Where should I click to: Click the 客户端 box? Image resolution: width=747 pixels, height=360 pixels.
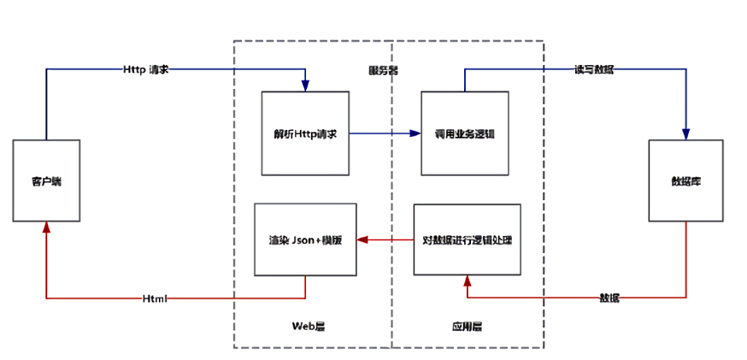point(46,180)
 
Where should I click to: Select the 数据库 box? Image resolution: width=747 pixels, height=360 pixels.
point(685,180)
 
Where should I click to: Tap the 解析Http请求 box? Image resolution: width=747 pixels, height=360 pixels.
point(305,133)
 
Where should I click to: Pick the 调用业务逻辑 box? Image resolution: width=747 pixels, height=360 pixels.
point(465,133)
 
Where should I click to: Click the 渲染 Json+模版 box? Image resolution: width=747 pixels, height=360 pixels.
point(305,239)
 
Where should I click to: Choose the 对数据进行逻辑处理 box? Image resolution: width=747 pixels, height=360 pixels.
point(467,239)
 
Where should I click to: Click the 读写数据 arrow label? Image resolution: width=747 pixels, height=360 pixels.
point(593,69)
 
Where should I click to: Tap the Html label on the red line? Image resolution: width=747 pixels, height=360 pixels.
point(155,298)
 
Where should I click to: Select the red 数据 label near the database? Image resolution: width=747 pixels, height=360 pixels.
point(609,298)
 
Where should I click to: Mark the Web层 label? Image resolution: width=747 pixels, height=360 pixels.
point(305,326)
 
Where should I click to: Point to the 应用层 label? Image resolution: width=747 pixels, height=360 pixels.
point(467,326)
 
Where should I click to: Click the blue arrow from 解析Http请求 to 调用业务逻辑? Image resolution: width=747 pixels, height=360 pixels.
point(385,133)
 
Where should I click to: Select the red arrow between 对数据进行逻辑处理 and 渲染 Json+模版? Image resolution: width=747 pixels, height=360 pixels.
point(385,239)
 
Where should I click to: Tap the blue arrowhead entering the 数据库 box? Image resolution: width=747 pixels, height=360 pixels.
point(685,134)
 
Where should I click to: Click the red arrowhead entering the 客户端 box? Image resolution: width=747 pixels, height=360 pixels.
point(46,228)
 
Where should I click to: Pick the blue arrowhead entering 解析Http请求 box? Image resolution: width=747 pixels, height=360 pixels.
point(305,86)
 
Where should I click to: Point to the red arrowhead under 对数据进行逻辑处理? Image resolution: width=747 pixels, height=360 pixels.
point(467,281)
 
